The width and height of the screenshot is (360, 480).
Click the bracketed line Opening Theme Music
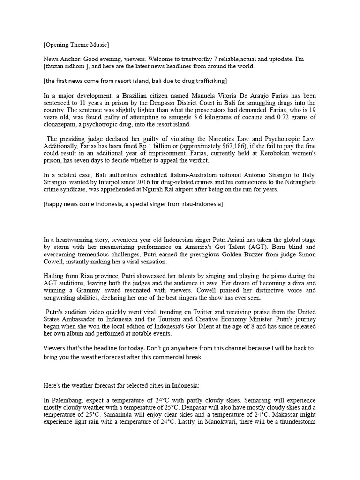[x=76, y=45]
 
